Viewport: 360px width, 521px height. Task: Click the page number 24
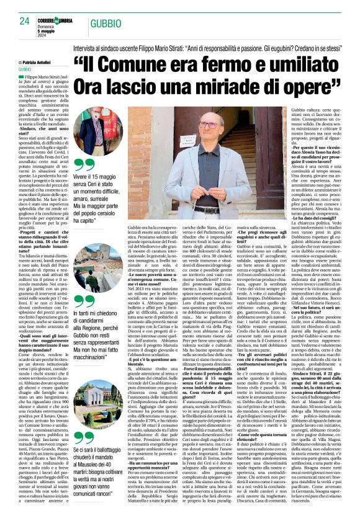24,21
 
